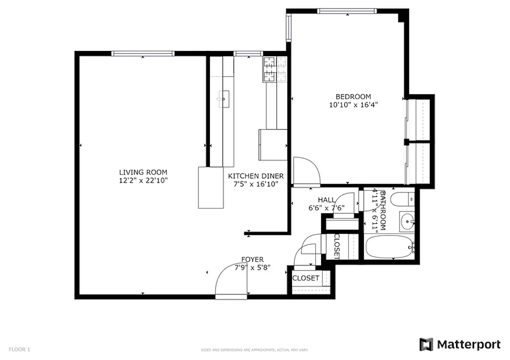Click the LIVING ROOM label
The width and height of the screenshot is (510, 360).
(143, 172)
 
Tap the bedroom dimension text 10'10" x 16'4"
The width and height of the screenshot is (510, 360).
(353, 105)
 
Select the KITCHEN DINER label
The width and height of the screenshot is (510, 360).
(256, 176)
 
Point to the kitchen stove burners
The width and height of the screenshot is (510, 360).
(275, 69)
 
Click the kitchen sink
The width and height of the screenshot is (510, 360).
(223, 99)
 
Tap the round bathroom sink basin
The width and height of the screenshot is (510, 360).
(408, 221)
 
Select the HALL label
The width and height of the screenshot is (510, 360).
(326, 200)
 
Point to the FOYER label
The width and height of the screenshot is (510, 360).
(253, 259)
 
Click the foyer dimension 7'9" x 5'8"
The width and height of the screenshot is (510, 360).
(253, 267)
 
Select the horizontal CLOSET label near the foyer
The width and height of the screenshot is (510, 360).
(306, 278)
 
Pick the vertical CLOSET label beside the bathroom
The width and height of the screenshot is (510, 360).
(337, 247)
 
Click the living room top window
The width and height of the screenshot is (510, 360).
(143, 54)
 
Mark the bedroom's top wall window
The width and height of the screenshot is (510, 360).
(346, 11)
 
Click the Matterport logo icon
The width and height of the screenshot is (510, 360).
(426, 345)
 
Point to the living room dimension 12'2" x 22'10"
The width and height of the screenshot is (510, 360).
(143, 180)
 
